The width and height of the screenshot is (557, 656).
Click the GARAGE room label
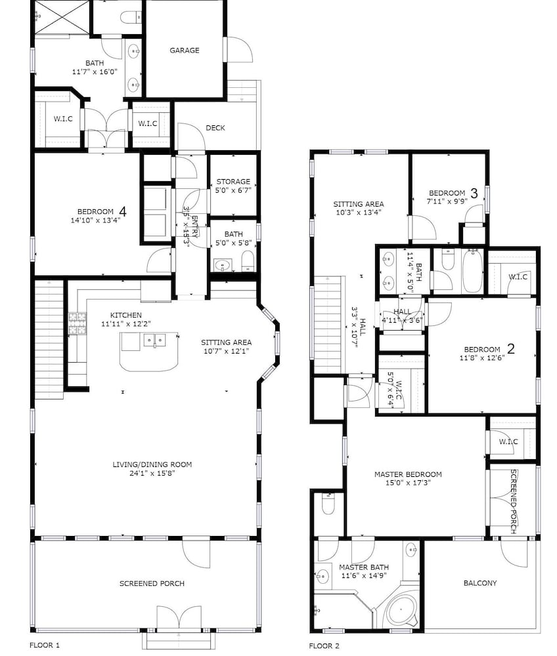[x=185, y=51]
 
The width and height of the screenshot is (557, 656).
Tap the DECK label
[x=215, y=128]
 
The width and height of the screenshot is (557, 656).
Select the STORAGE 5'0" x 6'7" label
[x=233, y=186]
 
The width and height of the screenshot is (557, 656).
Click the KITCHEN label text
[x=126, y=315]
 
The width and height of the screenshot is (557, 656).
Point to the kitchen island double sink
[x=154, y=340]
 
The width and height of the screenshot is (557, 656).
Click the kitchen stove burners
[x=77, y=323]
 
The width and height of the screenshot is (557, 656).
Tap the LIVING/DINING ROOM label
[x=152, y=464]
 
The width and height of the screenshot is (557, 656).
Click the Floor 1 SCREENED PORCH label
[x=152, y=583]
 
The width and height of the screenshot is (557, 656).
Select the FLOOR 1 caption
[x=45, y=645]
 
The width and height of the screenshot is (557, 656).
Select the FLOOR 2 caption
[x=324, y=646]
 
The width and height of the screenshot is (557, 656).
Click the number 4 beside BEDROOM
[x=123, y=211]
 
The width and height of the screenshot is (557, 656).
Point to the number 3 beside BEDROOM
[x=474, y=193]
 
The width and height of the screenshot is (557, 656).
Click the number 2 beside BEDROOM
[x=511, y=348]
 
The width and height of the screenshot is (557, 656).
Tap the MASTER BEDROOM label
[x=408, y=474]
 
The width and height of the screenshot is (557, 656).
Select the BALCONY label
[x=480, y=583]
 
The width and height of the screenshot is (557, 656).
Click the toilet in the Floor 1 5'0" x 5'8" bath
[x=248, y=261]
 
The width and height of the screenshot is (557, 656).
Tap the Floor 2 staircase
[x=329, y=325]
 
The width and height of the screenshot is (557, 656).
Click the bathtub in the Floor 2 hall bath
[x=472, y=271]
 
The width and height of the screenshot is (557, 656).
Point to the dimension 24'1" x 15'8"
[x=152, y=473]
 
